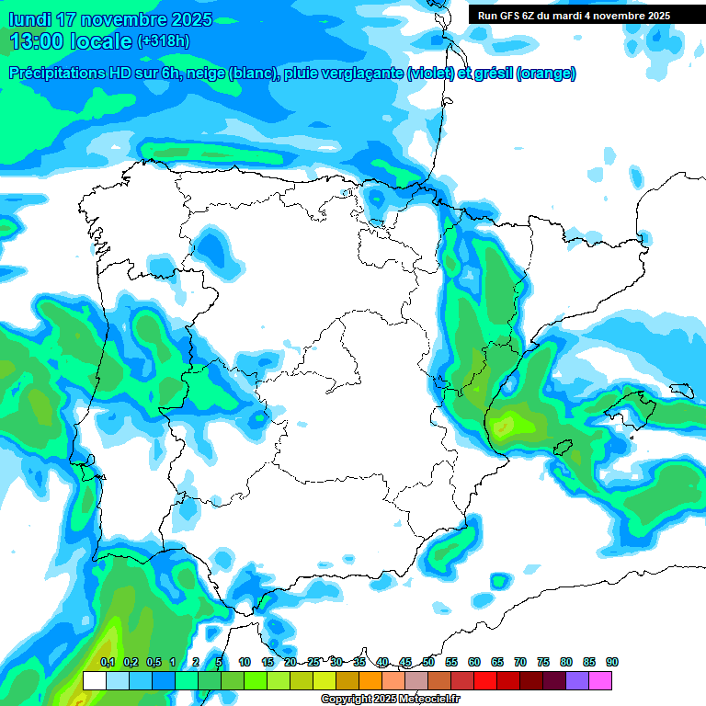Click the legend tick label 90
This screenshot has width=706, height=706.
point(612,662)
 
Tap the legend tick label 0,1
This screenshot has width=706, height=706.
point(108,662)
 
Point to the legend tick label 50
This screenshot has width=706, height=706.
point(428,662)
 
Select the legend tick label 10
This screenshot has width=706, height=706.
point(245,662)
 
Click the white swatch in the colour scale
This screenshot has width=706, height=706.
point(94,680)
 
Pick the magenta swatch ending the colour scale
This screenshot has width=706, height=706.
point(600,680)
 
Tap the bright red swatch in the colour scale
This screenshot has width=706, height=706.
point(485,680)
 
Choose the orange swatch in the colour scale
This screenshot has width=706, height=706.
point(370,680)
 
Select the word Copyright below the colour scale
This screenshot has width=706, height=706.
point(346,700)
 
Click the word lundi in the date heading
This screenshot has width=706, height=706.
point(28,19)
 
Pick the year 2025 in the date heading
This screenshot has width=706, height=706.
point(187,19)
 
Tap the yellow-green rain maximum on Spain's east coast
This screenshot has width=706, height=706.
point(503,425)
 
